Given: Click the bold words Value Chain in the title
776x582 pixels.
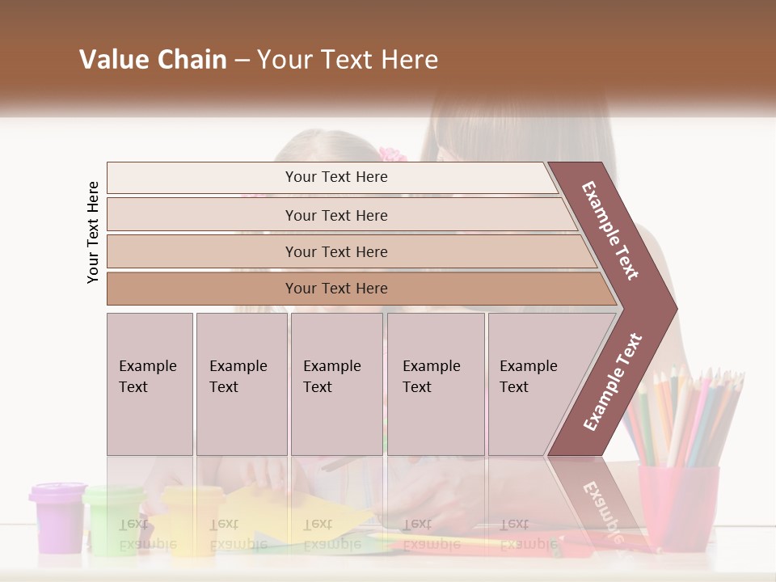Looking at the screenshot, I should tap(153, 60).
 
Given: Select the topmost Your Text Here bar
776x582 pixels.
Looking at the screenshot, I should tap(335, 177).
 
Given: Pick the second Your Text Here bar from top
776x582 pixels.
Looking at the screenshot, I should tap(335, 215).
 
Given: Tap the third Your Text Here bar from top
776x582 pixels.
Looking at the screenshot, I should tap(335, 251).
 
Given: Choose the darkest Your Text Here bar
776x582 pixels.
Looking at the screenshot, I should tap(335, 289).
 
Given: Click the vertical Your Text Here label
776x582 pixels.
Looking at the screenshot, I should tap(93, 233).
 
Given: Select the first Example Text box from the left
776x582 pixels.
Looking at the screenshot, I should tap(150, 383).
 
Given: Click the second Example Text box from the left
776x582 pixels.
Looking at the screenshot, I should tap(241, 383).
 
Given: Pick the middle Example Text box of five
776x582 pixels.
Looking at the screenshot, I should tap(336, 383).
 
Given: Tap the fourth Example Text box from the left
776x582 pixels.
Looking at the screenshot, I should tap(436, 383).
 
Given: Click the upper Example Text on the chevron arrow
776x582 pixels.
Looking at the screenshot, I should tap(610, 230).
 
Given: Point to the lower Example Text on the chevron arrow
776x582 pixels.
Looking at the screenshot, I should tap(612, 382).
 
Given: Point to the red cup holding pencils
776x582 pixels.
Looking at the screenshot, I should tap(677, 505).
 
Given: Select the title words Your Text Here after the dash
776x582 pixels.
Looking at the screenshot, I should tap(348, 60).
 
